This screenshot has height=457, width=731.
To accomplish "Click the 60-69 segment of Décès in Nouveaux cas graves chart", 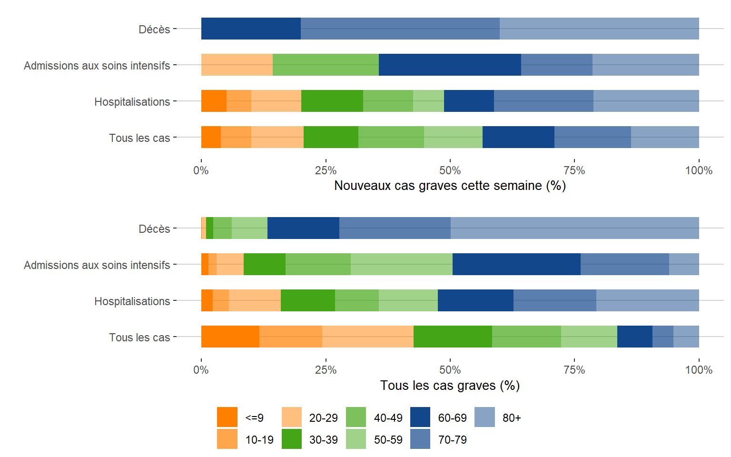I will pos(251,29).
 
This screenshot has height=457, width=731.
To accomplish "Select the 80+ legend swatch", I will pos(484,417).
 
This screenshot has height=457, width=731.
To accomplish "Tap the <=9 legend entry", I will pos(227,417).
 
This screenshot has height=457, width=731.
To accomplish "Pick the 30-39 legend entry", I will pos(292,439).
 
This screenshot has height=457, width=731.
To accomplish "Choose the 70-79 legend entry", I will pos(420,439).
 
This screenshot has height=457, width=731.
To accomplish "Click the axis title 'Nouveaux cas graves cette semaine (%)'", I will pos(450,186).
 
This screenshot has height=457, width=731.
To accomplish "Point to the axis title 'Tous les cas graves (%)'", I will pos(450,386).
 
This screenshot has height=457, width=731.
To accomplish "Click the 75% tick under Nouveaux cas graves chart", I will pos(574,170).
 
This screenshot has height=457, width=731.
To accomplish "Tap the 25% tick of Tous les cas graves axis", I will pos(326,370).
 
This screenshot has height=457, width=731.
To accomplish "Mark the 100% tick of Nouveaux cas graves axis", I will pos(699,170).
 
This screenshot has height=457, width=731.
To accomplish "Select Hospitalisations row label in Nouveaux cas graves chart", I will pos(132,102).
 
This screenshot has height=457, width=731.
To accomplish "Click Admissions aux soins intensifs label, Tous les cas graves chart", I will pos(97,265).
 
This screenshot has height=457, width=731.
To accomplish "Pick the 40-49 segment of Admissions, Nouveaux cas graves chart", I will pos(326,65).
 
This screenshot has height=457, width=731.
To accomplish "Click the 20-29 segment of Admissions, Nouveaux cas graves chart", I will pos(237,65).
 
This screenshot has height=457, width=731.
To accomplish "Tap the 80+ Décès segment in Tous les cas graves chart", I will pos(574,228).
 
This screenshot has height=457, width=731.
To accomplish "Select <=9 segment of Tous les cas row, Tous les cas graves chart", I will pos(230,337).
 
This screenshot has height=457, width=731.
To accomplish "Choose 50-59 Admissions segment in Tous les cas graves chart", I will pos(401,264).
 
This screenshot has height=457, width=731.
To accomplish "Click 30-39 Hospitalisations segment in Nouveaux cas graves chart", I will pos(332,101).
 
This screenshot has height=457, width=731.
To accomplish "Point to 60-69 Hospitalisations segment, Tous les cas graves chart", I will pos(475,300).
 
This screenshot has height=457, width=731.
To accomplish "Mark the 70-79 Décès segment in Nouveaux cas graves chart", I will pos(400,29).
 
